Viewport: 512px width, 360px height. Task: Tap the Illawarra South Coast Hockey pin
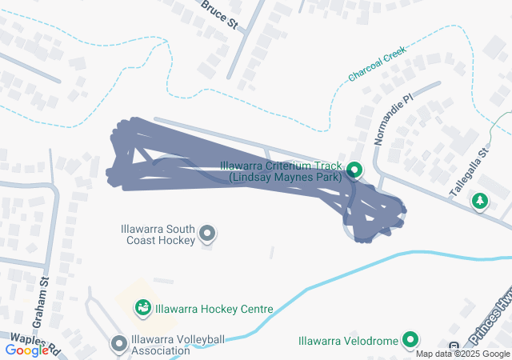(x=207, y=234)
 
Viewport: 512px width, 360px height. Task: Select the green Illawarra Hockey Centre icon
(x=143, y=307)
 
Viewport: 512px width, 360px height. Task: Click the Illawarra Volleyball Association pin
(x=119, y=344)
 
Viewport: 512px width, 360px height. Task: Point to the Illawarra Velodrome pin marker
(x=410, y=341)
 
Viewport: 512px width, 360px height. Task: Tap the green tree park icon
(x=480, y=201)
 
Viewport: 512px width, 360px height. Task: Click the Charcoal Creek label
(x=378, y=66)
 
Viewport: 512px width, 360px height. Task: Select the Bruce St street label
(x=220, y=14)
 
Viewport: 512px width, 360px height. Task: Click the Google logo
(x=26, y=350)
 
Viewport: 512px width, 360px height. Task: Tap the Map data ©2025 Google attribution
(x=462, y=354)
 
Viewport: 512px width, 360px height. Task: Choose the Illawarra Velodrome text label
(x=348, y=341)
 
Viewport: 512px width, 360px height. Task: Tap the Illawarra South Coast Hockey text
(x=157, y=234)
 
